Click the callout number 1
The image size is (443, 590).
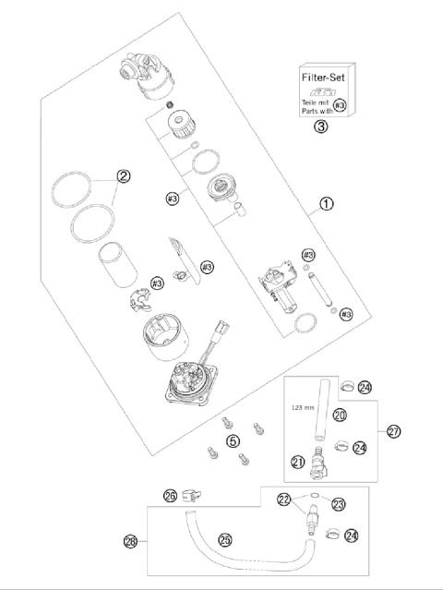[x=328, y=204]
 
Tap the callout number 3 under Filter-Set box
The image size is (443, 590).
[x=319, y=127]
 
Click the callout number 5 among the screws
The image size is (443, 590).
[x=233, y=440]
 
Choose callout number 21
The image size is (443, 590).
[x=298, y=462]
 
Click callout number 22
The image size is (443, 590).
[x=285, y=500]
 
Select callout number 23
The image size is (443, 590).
[x=338, y=504]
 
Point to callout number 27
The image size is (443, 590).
[x=394, y=430]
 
